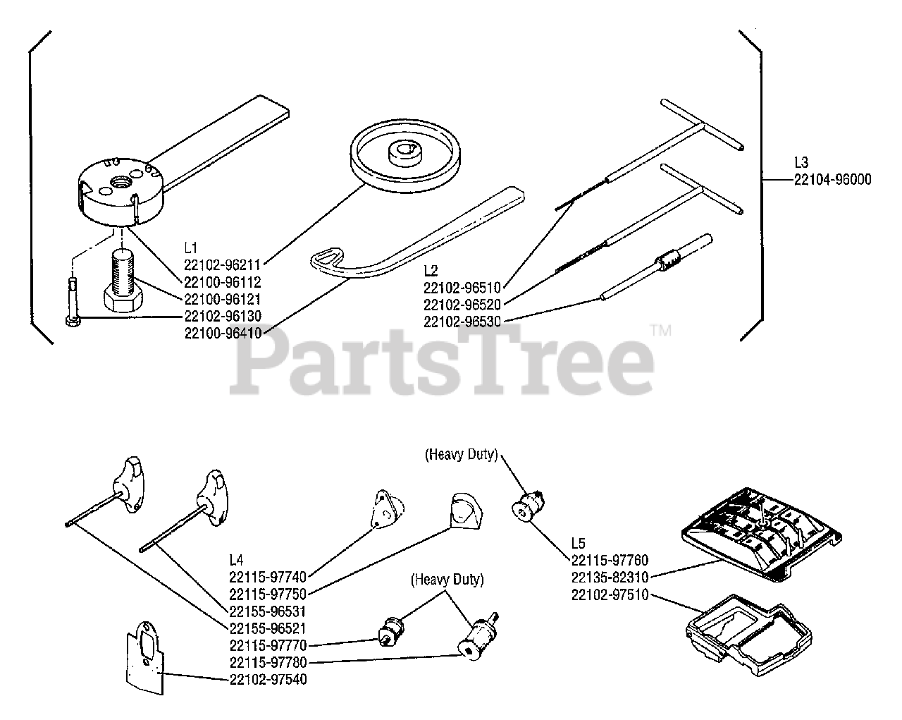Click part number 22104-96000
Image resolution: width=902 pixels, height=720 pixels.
(x=832, y=180)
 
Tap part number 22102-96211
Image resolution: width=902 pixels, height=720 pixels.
(x=223, y=265)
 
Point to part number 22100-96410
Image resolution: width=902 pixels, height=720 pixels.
(x=223, y=333)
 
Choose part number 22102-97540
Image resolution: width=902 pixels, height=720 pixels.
(x=268, y=679)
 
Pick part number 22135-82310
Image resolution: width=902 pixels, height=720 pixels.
(x=610, y=577)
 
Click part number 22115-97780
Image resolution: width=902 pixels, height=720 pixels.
(x=268, y=662)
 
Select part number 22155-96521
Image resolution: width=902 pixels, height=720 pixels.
(x=268, y=628)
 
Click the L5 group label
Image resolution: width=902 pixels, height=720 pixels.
(x=578, y=544)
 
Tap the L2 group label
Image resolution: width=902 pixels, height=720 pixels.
(x=431, y=270)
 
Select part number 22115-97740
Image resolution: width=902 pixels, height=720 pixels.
(x=268, y=577)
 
